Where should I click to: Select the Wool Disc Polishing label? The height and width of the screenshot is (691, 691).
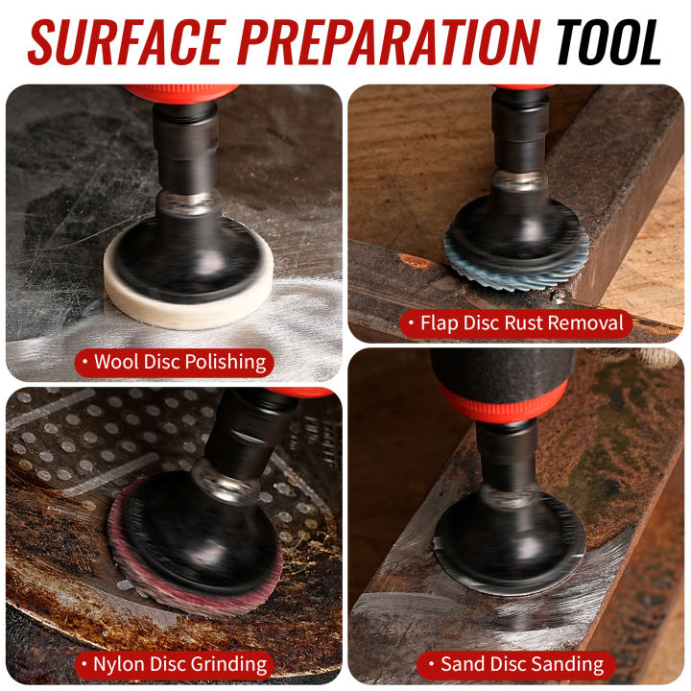coord(174,362)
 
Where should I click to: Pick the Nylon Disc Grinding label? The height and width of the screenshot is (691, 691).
coord(174,663)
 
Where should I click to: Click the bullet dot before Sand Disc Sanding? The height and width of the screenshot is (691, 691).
coord(429,664)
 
